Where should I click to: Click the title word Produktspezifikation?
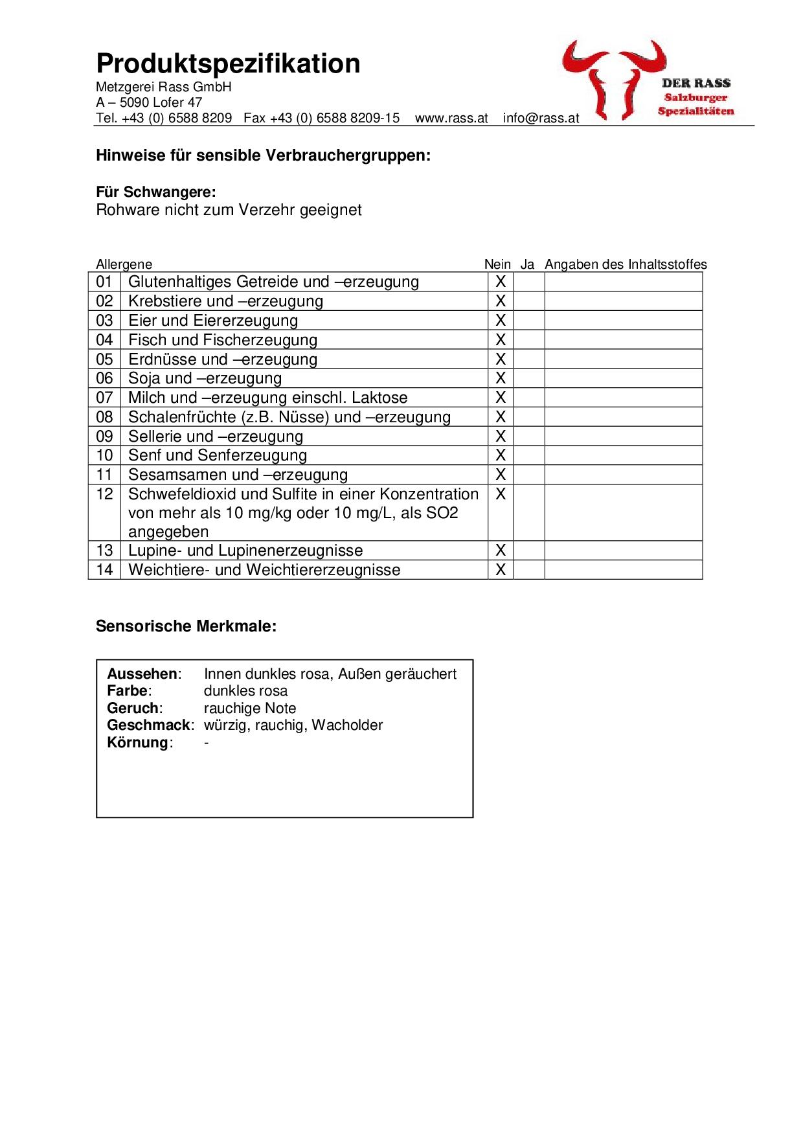click(228, 64)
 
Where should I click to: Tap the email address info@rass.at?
click(541, 119)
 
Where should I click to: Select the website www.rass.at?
click(451, 119)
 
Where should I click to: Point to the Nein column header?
click(497, 264)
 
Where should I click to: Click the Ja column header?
click(527, 264)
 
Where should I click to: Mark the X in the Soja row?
click(501, 378)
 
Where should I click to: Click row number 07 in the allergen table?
click(104, 398)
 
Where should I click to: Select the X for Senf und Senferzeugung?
click(501, 455)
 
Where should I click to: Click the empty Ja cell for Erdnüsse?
click(528, 359)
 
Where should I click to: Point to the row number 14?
click(104, 570)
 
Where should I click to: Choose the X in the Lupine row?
click(501, 551)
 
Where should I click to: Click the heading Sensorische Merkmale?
click(186, 626)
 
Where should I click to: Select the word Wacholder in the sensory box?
click(347, 725)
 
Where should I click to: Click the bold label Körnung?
click(138, 743)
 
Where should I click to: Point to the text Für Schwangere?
click(155, 192)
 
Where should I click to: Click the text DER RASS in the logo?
click(696, 83)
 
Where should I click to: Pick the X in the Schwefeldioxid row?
click(501, 494)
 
